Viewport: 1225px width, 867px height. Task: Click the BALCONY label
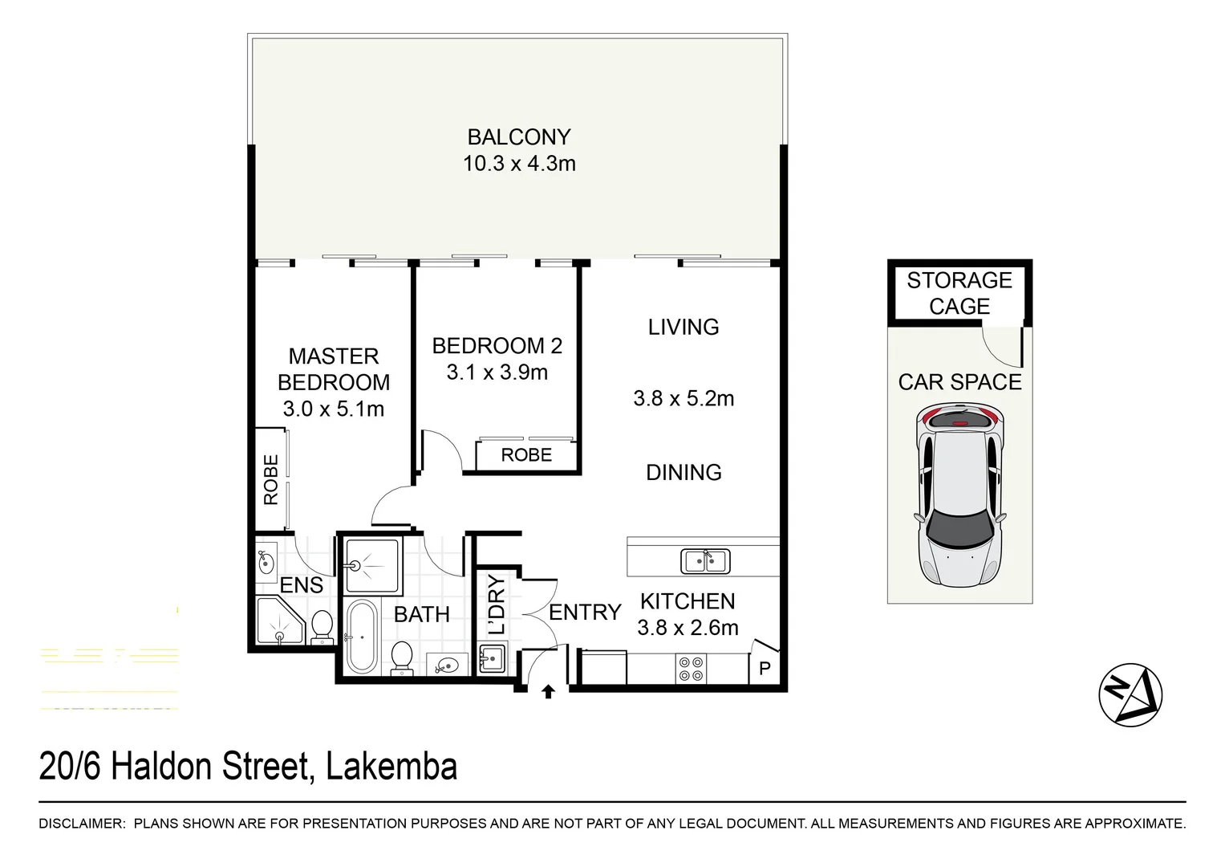(x=518, y=137)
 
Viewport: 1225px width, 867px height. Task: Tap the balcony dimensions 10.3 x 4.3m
(x=518, y=164)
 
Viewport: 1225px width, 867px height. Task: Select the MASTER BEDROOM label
(x=333, y=369)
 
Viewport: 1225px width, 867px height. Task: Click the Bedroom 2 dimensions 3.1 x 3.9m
(x=497, y=372)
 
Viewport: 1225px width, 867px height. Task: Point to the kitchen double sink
(x=704, y=560)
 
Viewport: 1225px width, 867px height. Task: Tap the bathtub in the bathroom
(x=362, y=637)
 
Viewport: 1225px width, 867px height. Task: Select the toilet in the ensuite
(x=322, y=626)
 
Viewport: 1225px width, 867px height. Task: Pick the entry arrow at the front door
(x=548, y=691)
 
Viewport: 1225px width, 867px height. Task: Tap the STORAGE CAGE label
(x=959, y=293)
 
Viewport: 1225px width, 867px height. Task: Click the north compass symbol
(x=1130, y=694)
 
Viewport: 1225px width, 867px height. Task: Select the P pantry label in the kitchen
(x=764, y=668)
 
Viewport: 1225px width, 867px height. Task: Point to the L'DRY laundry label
(x=497, y=604)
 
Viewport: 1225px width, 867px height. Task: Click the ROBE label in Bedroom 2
(x=526, y=455)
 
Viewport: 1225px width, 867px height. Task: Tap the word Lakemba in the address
(x=392, y=766)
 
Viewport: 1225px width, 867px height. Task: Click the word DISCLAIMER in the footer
(x=81, y=824)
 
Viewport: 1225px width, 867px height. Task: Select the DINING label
(x=683, y=472)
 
